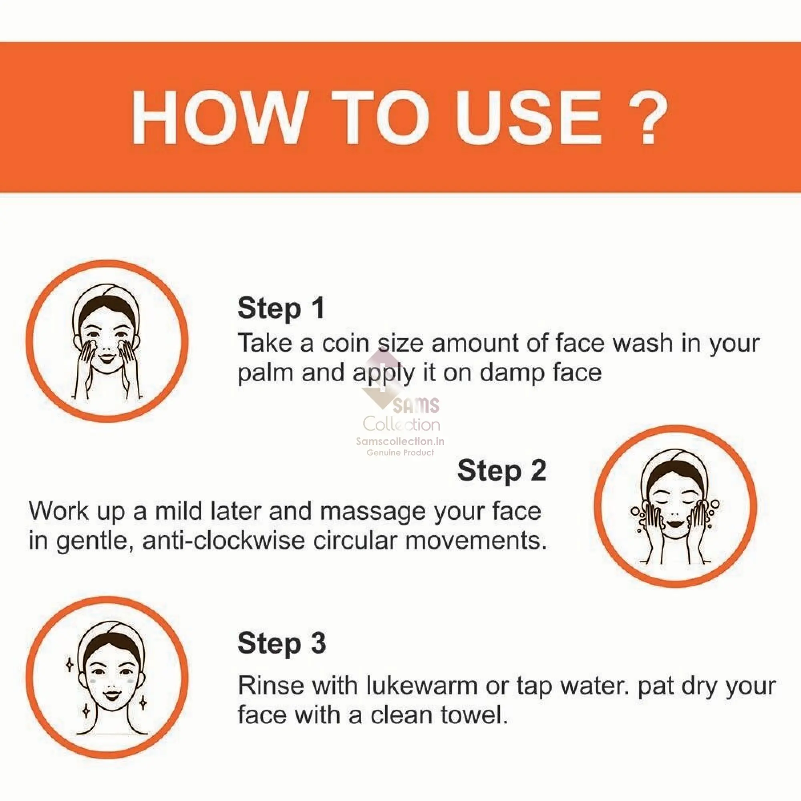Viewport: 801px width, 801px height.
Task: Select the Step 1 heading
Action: [281, 308]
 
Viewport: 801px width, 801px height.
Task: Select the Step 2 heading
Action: [502, 471]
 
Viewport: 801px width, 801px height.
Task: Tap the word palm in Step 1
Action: [266, 373]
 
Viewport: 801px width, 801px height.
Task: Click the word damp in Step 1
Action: [511, 373]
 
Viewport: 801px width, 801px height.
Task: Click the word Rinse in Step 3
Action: [271, 686]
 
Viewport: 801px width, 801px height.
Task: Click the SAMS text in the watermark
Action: [416, 405]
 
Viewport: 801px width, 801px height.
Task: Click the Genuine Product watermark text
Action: [400, 452]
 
